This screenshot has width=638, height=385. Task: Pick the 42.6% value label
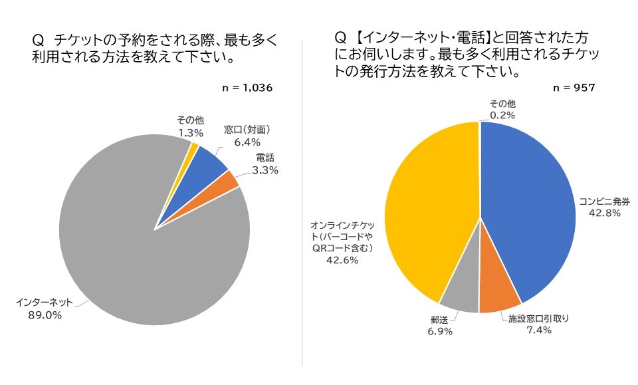[342, 260]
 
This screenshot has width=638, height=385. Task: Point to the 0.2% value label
[502, 114]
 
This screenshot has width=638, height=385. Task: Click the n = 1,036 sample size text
[248, 88]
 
